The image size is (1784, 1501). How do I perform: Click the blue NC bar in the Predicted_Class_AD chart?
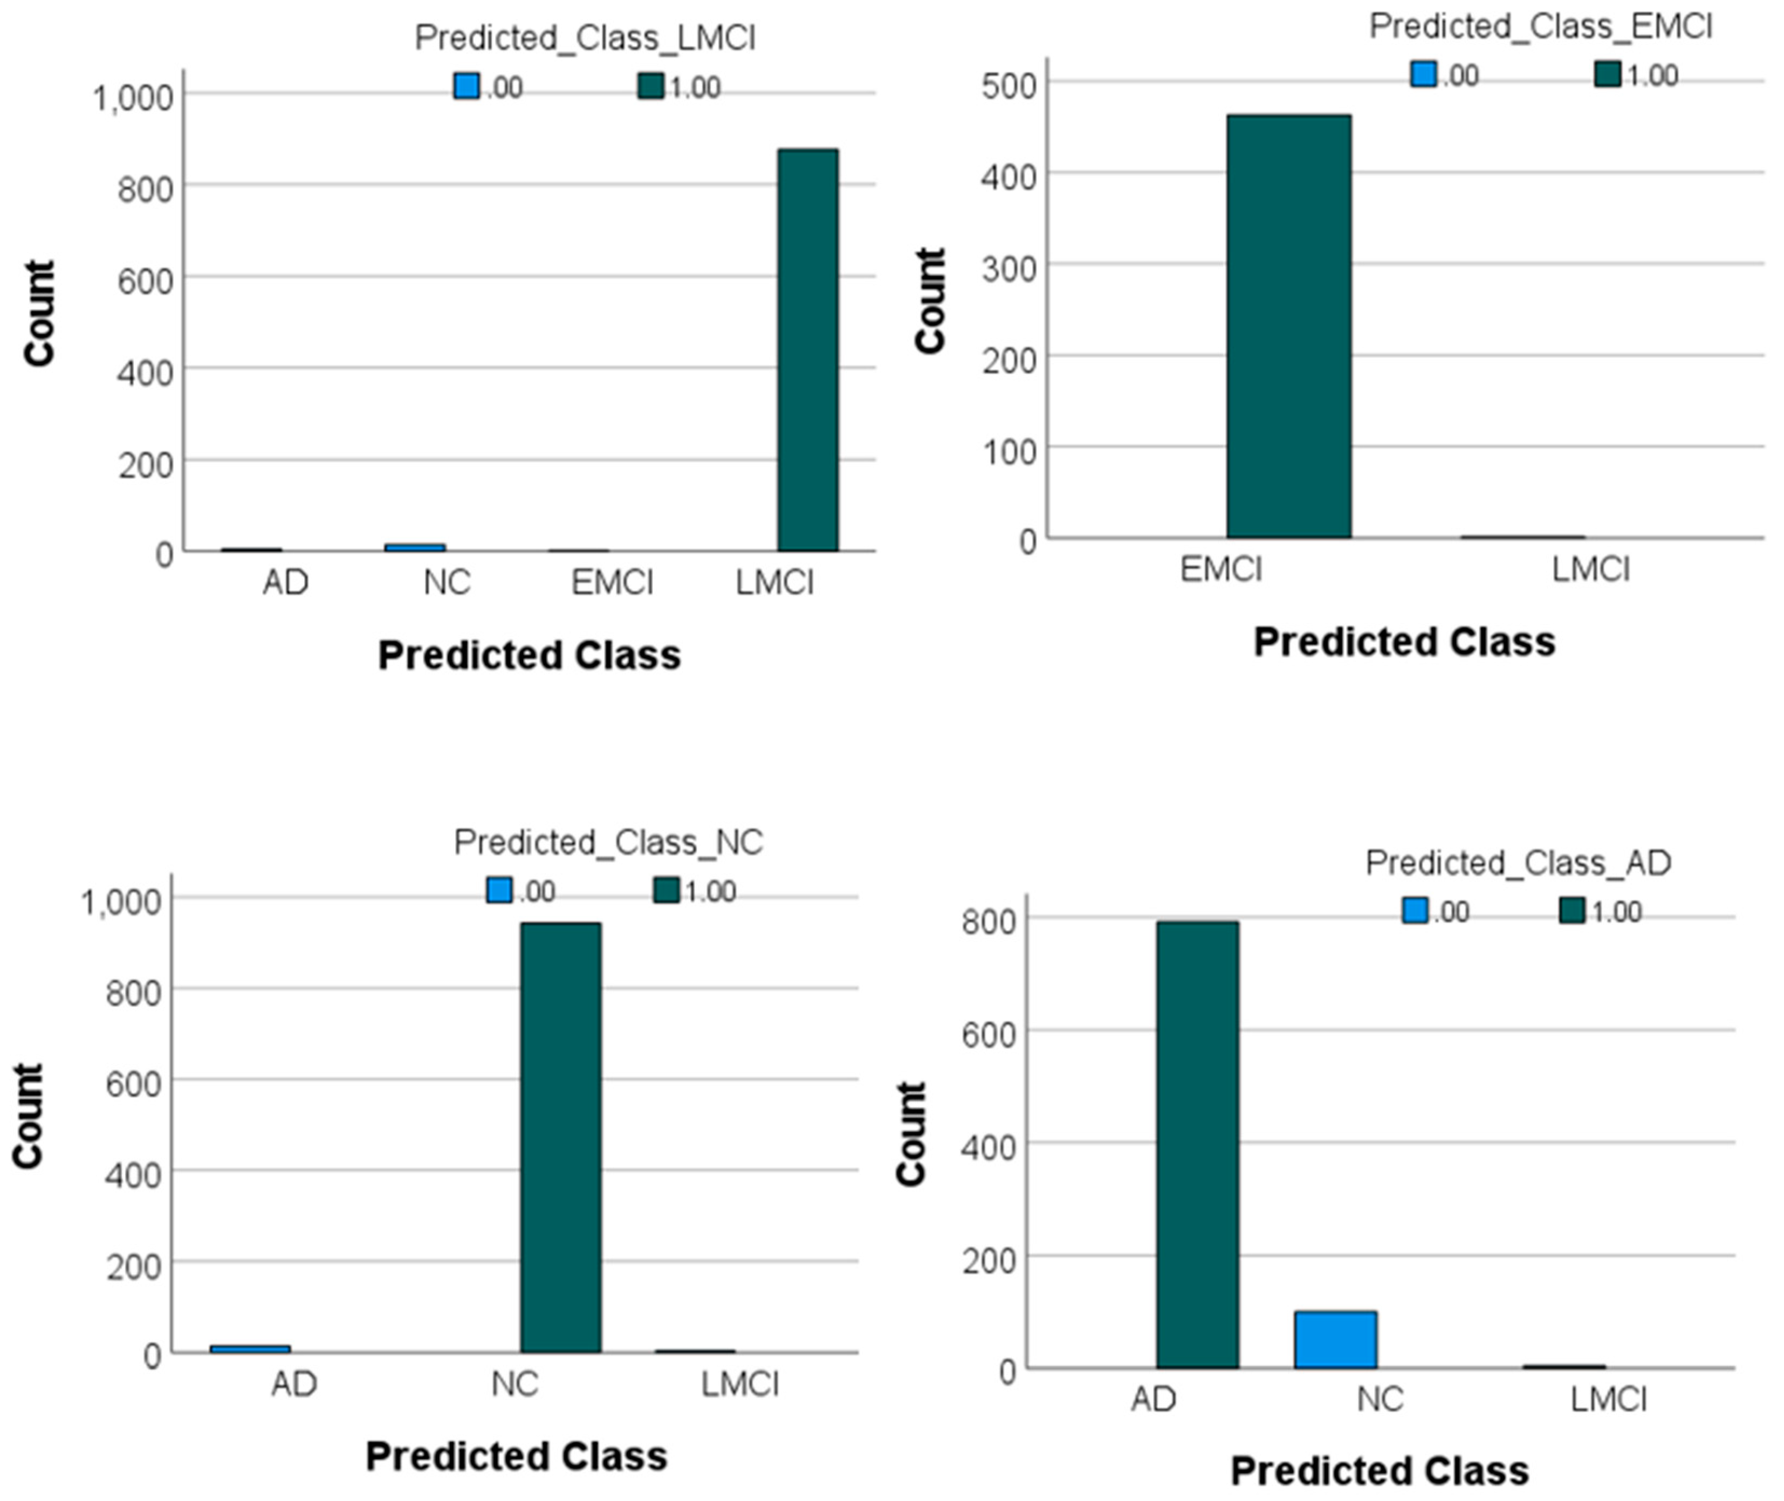pyautogui.click(x=1335, y=1339)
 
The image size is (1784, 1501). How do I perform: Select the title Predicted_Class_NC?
pyautogui.click(x=608, y=842)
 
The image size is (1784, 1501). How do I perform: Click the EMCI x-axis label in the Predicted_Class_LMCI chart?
pyautogui.click(x=612, y=583)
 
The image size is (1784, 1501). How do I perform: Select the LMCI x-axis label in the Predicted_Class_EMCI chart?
pyautogui.click(x=1590, y=568)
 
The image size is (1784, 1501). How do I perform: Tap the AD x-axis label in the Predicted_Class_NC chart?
pyautogui.click(x=293, y=1385)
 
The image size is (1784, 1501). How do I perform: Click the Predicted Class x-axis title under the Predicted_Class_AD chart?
pyautogui.click(x=1379, y=1470)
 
